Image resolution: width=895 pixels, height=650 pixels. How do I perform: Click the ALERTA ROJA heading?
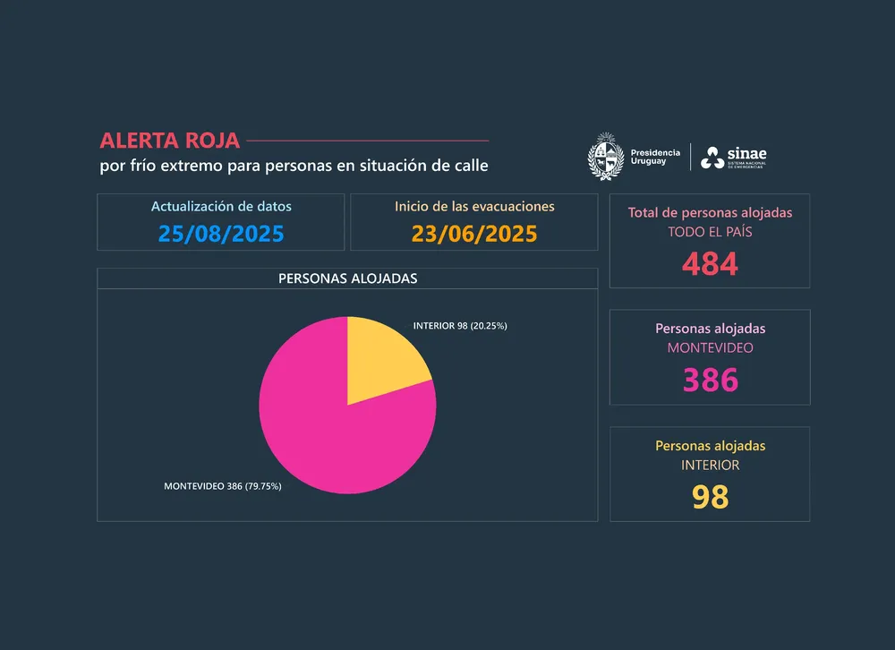(x=170, y=141)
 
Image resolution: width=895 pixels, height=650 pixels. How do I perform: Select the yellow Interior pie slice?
(x=380, y=358)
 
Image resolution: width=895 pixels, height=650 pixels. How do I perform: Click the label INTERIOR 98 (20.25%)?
(x=460, y=326)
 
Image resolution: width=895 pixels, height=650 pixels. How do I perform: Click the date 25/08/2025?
(x=221, y=234)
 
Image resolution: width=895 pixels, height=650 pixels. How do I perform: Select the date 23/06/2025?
(x=474, y=234)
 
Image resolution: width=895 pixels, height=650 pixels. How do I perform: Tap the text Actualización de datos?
(x=221, y=206)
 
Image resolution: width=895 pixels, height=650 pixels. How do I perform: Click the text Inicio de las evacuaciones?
(x=474, y=206)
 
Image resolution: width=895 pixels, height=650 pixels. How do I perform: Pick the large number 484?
(x=710, y=263)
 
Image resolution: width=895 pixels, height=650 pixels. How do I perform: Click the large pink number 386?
(x=710, y=380)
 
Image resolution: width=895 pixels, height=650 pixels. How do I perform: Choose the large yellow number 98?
(x=710, y=496)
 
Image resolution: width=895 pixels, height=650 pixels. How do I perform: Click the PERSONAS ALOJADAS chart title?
(x=347, y=278)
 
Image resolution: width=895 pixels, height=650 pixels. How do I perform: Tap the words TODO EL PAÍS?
(x=710, y=231)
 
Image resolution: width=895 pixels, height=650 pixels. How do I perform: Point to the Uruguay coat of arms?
(x=605, y=157)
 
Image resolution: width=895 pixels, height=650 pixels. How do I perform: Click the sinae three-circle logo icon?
(x=712, y=158)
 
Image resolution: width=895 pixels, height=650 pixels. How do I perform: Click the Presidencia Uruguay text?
(x=655, y=157)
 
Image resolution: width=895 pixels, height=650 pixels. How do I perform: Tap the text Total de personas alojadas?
(x=710, y=212)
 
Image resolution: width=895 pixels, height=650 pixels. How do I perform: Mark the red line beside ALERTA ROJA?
(x=367, y=141)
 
